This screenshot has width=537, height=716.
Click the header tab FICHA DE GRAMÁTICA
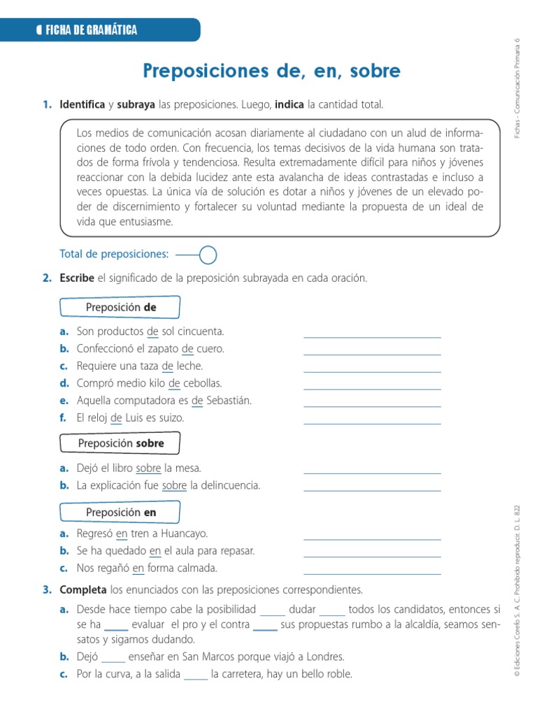(91, 29)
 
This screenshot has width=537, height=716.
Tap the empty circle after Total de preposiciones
(208, 255)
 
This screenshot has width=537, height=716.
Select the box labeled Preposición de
(120, 308)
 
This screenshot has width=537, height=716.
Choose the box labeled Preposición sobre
(120, 443)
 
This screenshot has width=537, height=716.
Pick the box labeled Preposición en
(120, 513)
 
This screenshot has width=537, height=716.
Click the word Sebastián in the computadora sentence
(228, 401)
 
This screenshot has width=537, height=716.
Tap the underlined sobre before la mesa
(148, 468)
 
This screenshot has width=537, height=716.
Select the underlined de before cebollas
(174, 383)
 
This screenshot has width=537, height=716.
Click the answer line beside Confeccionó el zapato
(372, 354)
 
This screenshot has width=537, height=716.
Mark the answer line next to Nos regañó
(372, 573)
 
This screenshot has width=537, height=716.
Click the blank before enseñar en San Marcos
(113, 660)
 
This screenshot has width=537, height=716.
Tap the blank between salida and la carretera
(196, 678)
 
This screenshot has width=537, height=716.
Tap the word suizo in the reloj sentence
(171, 418)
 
